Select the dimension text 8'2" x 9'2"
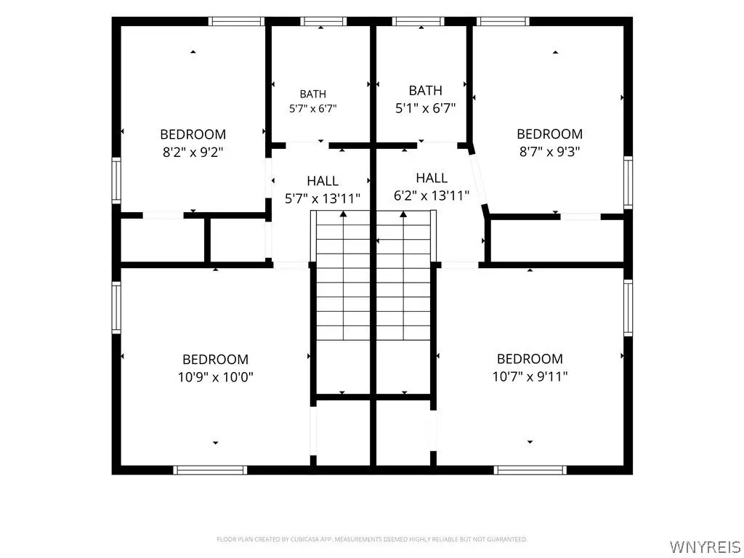click(x=193, y=153)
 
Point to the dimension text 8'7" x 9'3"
click(x=550, y=152)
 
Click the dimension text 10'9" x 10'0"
click(x=215, y=377)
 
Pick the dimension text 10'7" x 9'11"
click(x=530, y=376)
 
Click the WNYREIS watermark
click(x=705, y=546)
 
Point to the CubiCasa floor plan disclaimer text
click(x=372, y=539)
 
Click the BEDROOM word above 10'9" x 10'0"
click(x=215, y=359)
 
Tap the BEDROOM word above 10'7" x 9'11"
click(x=530, y=358)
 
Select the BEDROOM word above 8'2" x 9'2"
click(x=193, y=134)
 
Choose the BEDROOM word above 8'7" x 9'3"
click(x=550, y=134)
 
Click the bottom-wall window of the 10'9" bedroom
click(x=210, y=470)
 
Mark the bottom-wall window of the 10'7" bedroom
click(x=530, y=470)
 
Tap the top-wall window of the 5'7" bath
click(x=323, y=21)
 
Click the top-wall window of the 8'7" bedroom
click(x=503, y=21)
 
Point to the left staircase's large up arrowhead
click(x=343, y=214)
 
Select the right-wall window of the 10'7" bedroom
click(x=628, y=307)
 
